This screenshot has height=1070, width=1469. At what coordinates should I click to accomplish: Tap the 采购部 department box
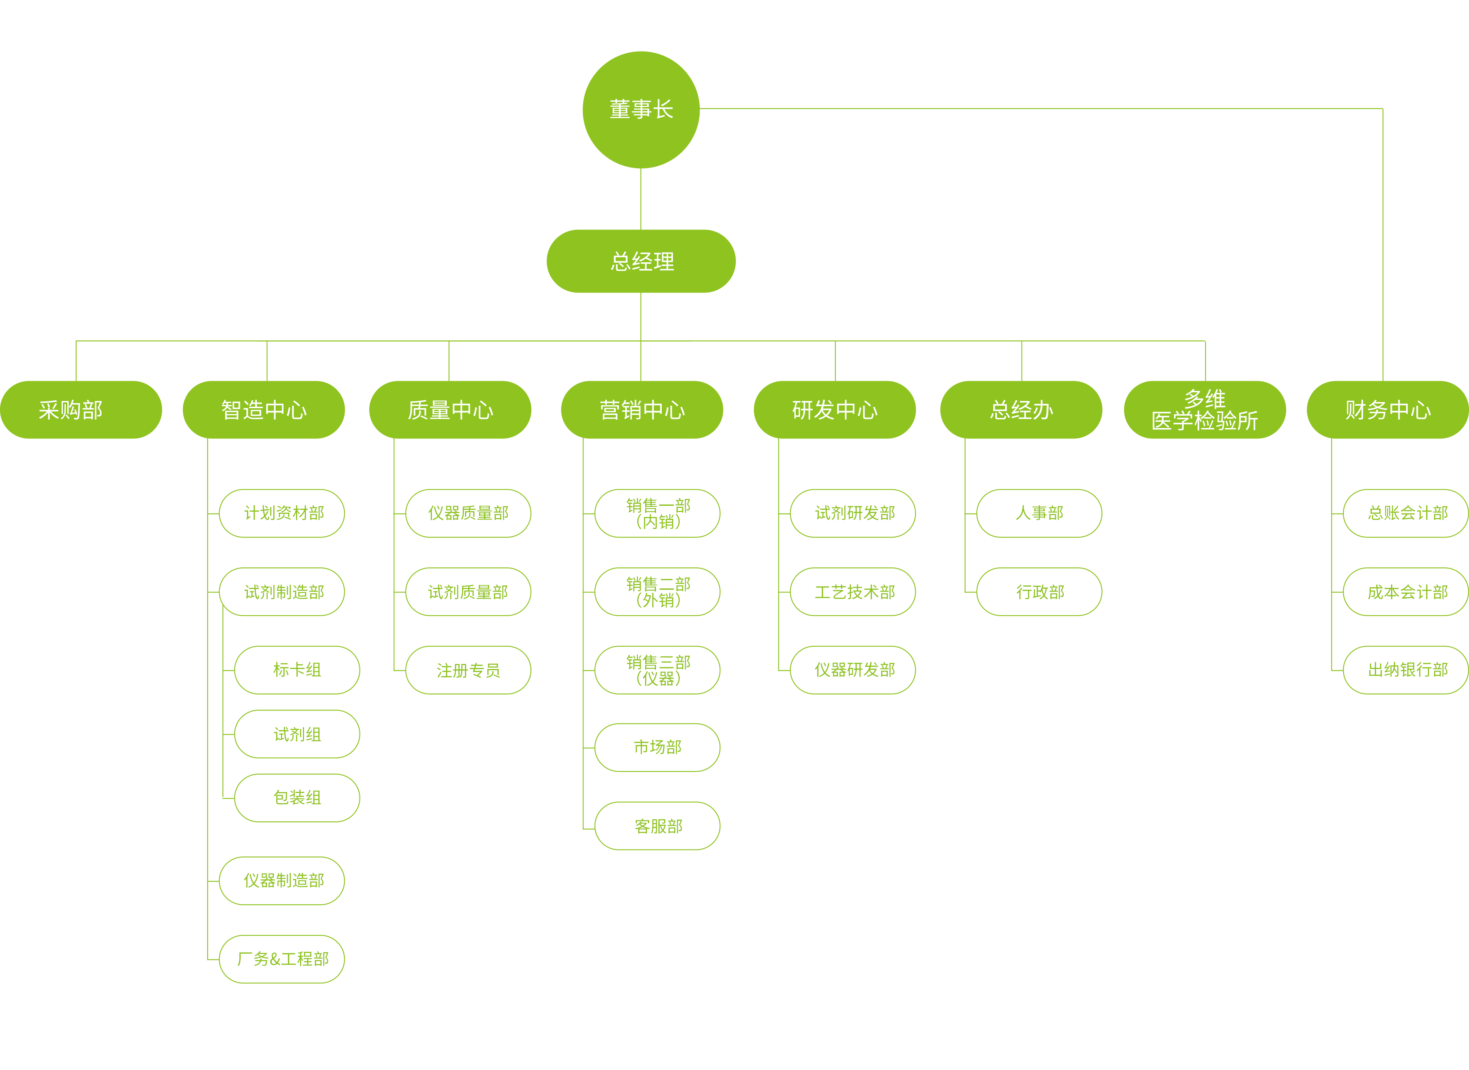point(81,409)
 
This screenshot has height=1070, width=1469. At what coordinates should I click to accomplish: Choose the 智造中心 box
point(264,409)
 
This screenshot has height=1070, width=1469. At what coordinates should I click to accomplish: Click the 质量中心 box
point(450,409)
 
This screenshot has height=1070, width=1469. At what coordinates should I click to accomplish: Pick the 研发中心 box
point(834,409)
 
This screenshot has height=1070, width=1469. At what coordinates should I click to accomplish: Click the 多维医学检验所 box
point(1204,409)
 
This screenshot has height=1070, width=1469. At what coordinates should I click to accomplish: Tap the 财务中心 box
point(1387,409)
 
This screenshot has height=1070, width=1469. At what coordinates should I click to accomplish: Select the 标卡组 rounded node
point(297,670)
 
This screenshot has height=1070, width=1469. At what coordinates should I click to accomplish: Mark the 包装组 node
point(297,797)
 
